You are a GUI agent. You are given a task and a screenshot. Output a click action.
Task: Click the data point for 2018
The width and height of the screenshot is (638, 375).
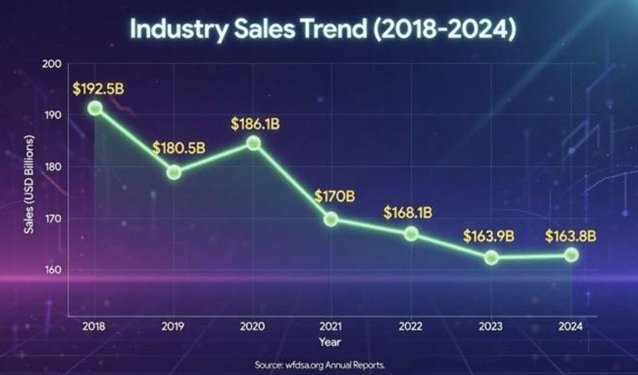(95, 108)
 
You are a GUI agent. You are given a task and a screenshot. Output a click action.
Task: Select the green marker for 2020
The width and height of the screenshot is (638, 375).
(253, 143)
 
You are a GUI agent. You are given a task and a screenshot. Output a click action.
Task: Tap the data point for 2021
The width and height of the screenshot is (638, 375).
(331, 219)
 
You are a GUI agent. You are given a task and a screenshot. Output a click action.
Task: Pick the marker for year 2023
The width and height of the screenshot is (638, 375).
(491, 258)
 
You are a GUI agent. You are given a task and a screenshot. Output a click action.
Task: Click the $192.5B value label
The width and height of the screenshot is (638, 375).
(98, 88)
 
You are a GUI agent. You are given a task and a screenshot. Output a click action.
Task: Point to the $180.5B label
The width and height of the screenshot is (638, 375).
(179, 148)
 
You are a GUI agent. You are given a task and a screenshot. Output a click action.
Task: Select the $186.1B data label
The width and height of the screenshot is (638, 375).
(255, 122)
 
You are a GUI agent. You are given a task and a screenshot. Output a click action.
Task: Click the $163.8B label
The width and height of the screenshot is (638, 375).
(570, 236)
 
